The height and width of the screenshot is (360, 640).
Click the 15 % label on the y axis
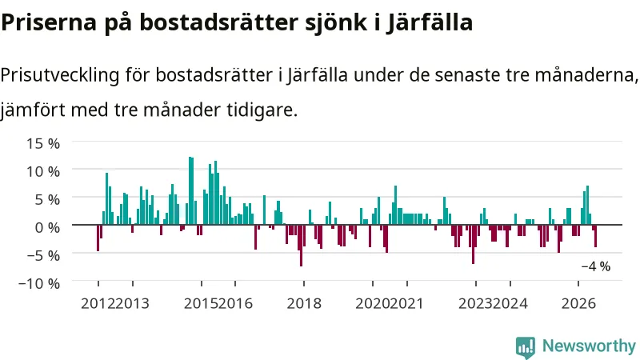pyautogui.click(x=43, y=143)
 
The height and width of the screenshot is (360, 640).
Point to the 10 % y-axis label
pyautogui.click(x=43, y=171)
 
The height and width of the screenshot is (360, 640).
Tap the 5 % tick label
pyautogui.click(x=47, y=199)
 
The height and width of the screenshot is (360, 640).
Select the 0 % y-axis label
pyautogui.click(x=47, y=227)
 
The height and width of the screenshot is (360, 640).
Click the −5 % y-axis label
pyautogui.click(x=43, y=255)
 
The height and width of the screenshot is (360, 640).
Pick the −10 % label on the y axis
pyautogui.click(x=39, y=283)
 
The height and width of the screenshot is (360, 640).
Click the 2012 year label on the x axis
pyautogui.click(x=98, y=304)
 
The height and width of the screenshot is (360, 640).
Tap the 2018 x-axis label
pyautogui.click(x=304, y=304)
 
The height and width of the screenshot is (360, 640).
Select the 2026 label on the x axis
pyautogui.click(x=578, y=304)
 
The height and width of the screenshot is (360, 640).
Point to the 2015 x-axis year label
pyautogui.click(x=201, y=304)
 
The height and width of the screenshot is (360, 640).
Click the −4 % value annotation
pyautogui.click(x=596, y=266)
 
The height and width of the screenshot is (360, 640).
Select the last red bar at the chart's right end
pyautogui.click(x=595, y=236)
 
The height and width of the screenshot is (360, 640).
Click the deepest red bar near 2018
pyautogui.click(x=302, y=246)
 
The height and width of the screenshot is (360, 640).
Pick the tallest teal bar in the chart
pyautogui.click(x=190, y=190)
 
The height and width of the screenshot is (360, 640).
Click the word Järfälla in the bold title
pyautogui.click(x=430, y=22)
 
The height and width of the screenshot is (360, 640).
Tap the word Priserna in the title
pyautogui.click(x=49, y=22)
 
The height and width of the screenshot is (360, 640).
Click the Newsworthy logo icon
pyautogui.click(x=526, y=347)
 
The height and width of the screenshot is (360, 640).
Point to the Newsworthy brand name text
pyautogui.click(x=589, y=346)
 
